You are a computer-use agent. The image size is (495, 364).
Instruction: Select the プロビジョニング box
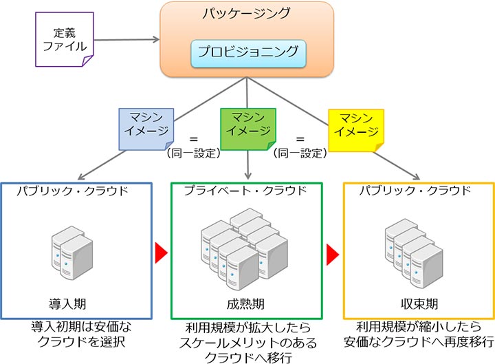pyautogui.click(x=247, y=52)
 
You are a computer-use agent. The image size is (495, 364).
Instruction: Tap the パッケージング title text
pyautogui.click(x=247, y=13)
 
